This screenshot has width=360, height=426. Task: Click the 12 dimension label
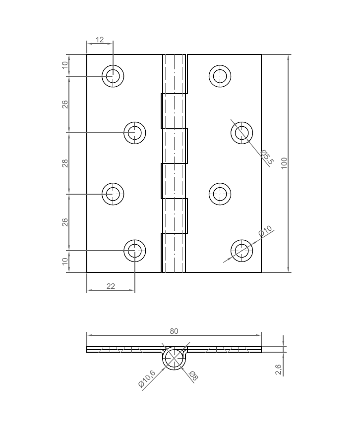click(x=100, y=40)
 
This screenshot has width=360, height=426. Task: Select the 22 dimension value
click(x=111, y=286)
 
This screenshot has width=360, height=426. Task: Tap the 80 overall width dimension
click(x=174, y=331)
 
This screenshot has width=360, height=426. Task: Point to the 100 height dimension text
click(x=284, y=163)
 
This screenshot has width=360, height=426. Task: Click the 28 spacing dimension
click(x=65, y=163)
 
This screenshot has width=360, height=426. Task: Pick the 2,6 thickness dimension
click(x=278, y=370)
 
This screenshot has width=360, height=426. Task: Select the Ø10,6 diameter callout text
click(x=147, y=378)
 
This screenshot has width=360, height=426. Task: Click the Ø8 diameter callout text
click(x=193, y=376)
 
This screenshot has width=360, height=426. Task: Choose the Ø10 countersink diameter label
click(x=265, y=231)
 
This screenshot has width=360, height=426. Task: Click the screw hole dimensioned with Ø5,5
click(x=242, y=132)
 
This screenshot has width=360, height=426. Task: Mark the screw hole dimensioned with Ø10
click(x=242, y=251)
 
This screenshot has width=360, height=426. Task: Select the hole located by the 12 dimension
click(x=113, y=76)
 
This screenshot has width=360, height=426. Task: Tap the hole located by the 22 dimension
click(x=134, y=251)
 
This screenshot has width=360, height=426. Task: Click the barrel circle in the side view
click(x=174, y=359)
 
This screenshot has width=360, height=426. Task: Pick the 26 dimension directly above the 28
click(x=65, y=105)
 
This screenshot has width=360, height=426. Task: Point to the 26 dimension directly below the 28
click(x=65, y=222)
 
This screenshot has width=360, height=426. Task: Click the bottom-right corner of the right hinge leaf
click(x=261, y=272)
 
